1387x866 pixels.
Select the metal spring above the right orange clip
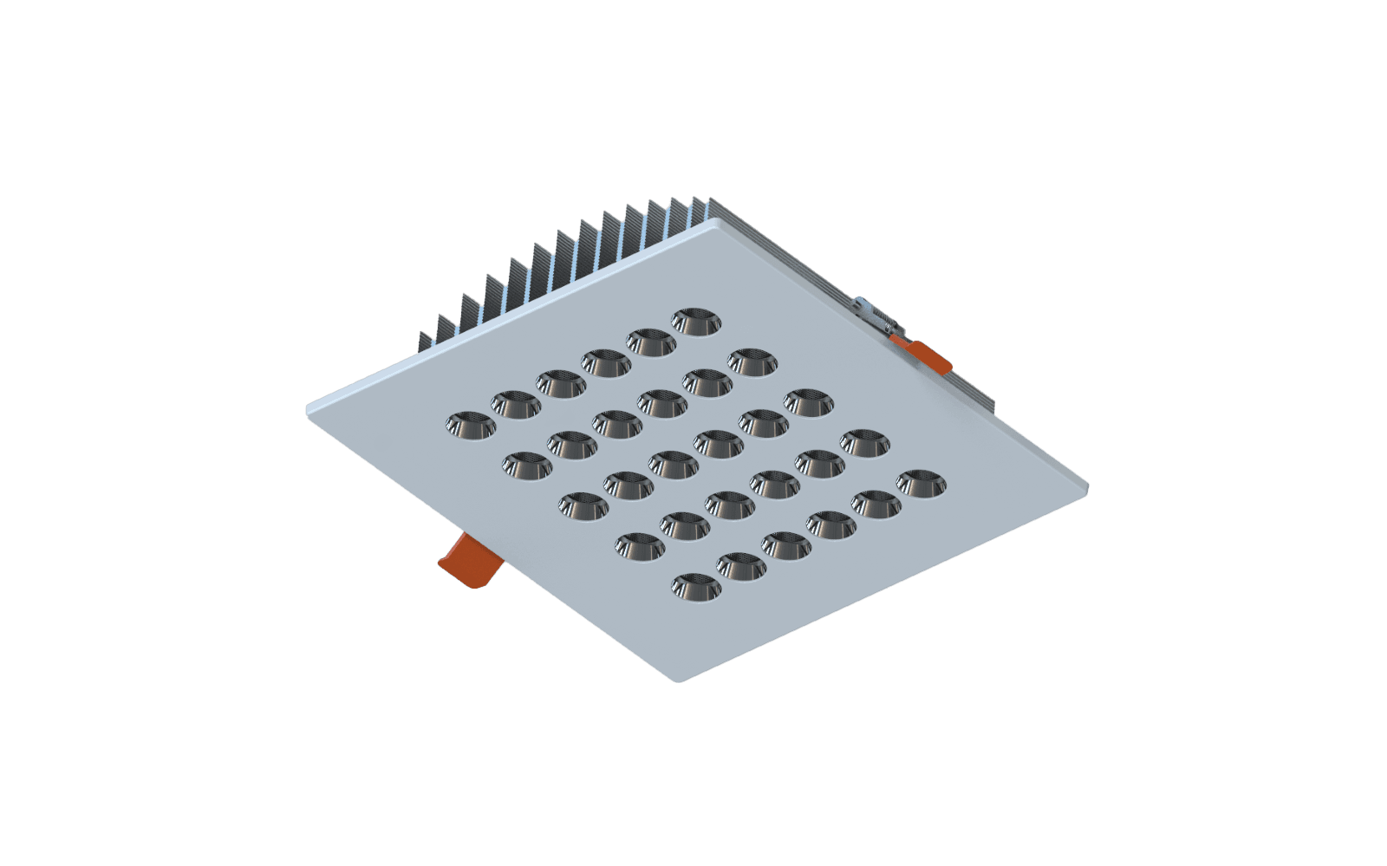coord(874,313)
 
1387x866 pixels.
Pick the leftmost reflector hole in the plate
coord(469,423)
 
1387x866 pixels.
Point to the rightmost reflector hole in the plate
coord(921,482)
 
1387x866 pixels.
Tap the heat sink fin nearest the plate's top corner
coord(699,213)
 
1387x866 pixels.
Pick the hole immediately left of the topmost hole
coord(650,341)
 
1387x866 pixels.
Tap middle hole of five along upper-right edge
coord(809,401)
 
